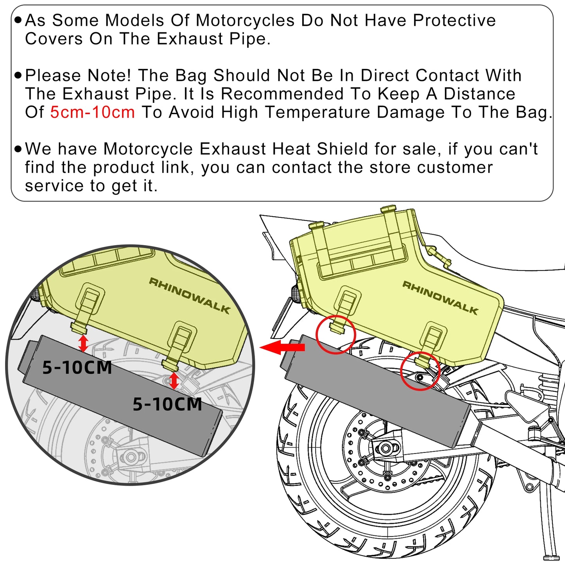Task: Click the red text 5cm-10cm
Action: click(x=92, y=112)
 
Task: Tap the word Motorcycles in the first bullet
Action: click(x=245, y=20)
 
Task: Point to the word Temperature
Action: click(x=317, y=112)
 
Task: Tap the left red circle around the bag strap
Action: click(x=335, y=334)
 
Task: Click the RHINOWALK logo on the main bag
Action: click(x=440, y=298)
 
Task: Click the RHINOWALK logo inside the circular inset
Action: click(x=189, y=296)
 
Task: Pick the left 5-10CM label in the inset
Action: click(x=77, y=368)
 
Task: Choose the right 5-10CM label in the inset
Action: click(x=167, y=404)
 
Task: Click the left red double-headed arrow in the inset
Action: click(x=83, y=343)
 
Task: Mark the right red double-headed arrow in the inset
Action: click(x=174, y=381)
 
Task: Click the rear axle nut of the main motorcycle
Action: click(x=385, y=448)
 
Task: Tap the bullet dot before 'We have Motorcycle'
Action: click(x=18, y=149)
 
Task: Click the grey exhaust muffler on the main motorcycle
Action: click(x=375, y=391)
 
